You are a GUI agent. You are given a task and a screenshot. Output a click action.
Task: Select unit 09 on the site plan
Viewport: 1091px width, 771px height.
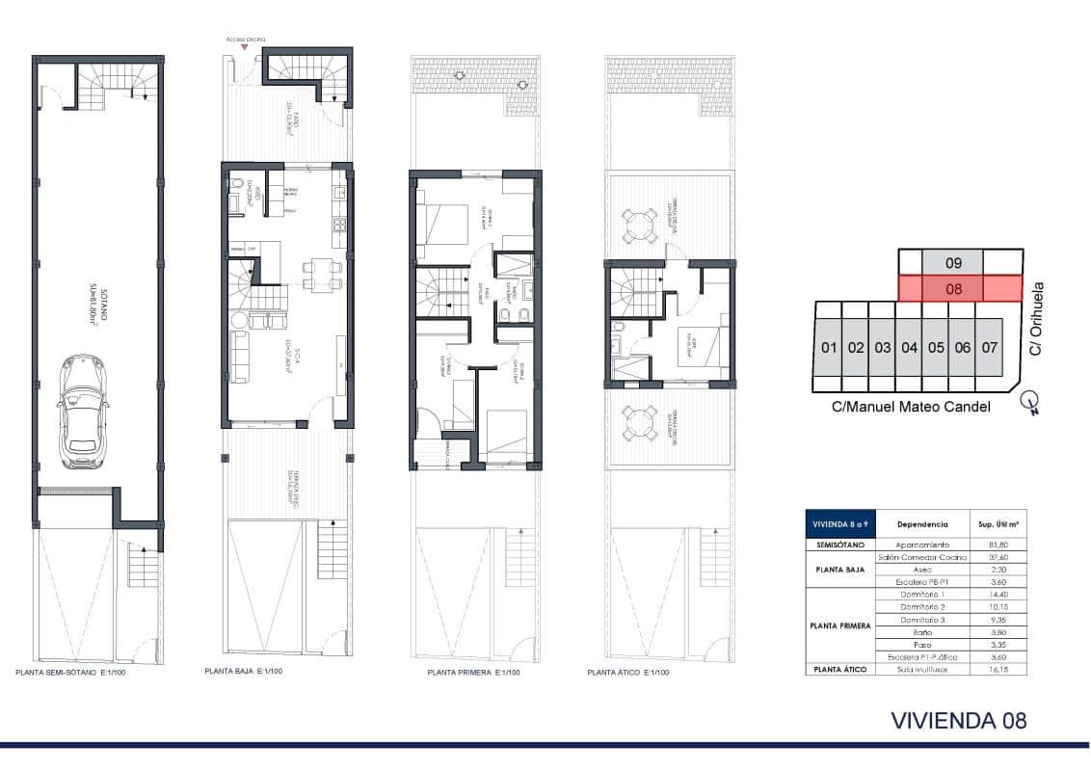point(952,261)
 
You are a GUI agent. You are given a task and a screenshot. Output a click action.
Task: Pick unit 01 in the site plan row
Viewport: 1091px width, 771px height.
point(827,347)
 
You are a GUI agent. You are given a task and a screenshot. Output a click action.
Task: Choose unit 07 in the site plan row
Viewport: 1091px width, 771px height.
point(988,347)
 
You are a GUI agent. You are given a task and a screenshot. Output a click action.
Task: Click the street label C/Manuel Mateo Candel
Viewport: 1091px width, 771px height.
point(911,407)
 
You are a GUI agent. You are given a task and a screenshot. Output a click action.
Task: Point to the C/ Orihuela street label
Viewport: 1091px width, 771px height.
point(1037,319)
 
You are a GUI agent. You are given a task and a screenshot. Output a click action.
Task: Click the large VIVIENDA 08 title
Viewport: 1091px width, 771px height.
point(959,720)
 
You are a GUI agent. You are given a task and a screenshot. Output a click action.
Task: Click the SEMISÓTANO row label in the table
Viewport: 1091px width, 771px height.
point(838,545)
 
